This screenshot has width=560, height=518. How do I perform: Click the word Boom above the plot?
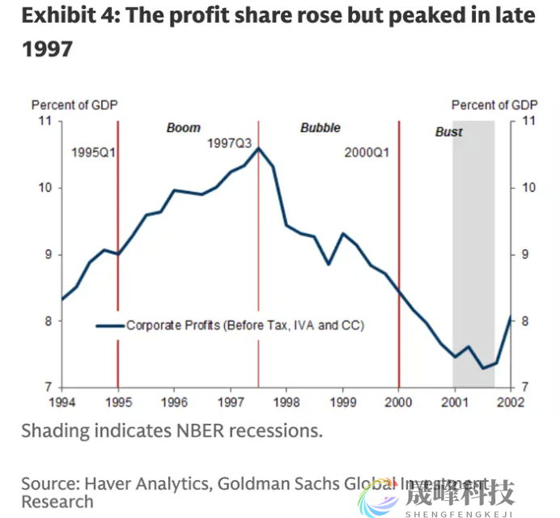click(183, 128)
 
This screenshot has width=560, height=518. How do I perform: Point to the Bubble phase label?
click(320, 128)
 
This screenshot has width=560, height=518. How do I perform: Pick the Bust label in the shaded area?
click(449, 132)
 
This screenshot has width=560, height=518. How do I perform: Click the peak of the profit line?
click(258, 148)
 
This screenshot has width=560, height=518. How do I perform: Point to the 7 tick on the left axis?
click(47, 387)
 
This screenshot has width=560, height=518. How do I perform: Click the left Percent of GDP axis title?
click(74, 105)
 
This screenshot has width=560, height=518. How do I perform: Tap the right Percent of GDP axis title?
click(494, 105)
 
